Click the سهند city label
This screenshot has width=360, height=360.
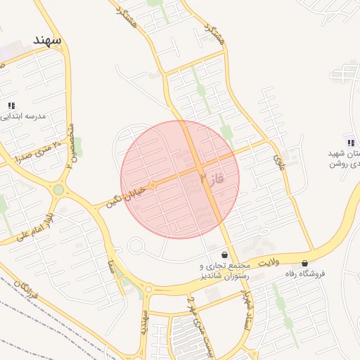coord(46,40)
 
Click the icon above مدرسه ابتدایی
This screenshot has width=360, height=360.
coord(11,105)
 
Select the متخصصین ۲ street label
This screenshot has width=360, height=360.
coord(70,145)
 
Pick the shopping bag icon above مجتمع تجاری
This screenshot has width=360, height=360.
coord(224,255)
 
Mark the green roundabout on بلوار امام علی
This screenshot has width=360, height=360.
coord(58,189)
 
